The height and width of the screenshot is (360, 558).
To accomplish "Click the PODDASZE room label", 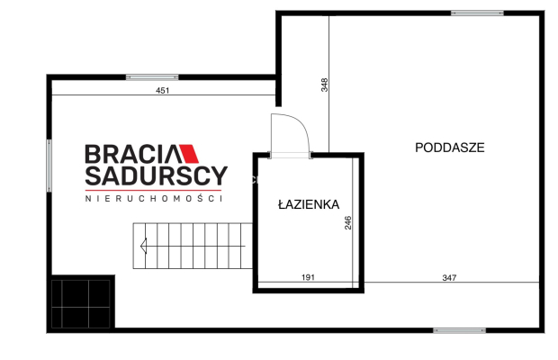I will pyautogui.click(x=450, y=148).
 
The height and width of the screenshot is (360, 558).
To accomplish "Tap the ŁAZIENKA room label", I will pyautogui.click(x=308, y=204).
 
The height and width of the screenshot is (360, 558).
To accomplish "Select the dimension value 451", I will pyautogui.click(x=163, y=90).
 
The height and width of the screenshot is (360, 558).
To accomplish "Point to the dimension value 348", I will pyautogui.click(x=324, y=85).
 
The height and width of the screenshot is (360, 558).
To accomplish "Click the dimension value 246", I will pyautogui.click(x=348, y=222).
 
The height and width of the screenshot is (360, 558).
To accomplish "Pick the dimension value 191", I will pyautogui.click(x=308, y=277).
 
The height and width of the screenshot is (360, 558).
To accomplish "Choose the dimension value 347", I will pyautogui.click(x=450, y=277).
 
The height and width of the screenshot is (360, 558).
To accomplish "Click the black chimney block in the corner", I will pyautogui.click(x=82, y=302).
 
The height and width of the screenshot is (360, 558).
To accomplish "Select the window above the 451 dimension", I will pyautogui.click(x=151, y=76).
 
